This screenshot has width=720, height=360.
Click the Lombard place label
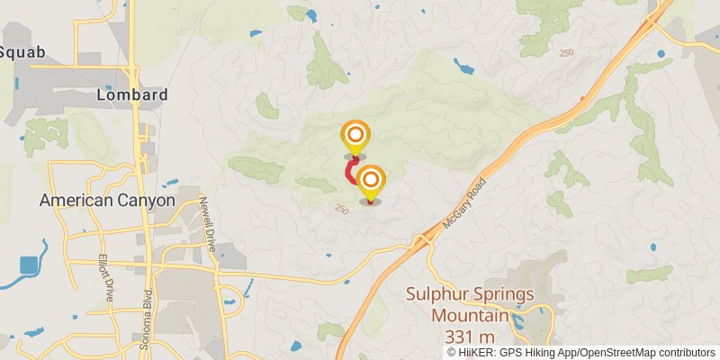131,94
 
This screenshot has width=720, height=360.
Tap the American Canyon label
106,201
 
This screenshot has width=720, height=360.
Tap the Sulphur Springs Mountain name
469,305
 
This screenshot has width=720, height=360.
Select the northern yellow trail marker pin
355,137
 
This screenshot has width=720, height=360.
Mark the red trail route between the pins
350,171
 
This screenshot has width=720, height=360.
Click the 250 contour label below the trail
340,209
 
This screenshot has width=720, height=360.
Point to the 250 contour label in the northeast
565,53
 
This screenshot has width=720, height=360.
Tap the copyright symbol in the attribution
452,353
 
